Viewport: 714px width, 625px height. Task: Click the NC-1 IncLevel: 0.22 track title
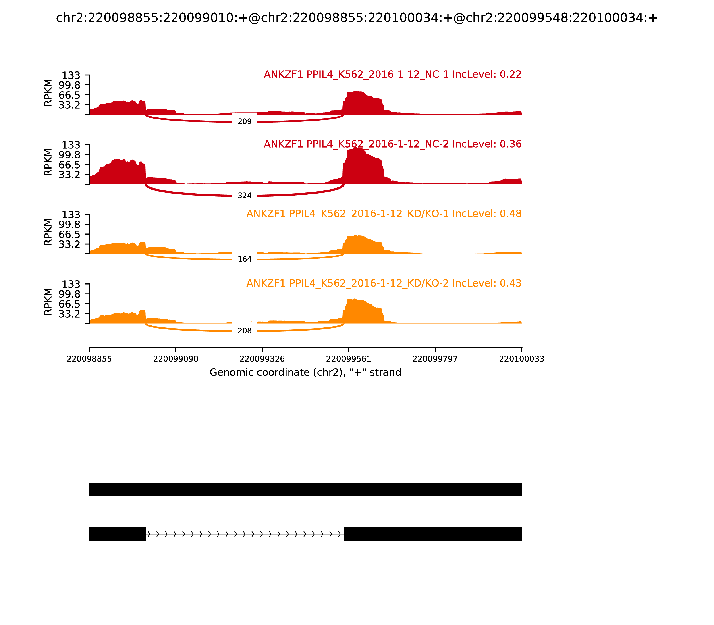tap(392, 74)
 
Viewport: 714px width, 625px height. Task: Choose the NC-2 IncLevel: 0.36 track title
tap(392, 144)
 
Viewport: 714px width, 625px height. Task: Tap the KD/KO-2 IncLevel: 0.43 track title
tap(384, 283)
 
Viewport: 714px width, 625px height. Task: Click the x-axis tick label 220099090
tap(176, 359)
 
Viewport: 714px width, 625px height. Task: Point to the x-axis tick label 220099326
tap(262, 359)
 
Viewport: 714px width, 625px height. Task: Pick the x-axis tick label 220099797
tap(435, 359)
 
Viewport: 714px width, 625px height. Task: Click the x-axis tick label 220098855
tap(89, 359)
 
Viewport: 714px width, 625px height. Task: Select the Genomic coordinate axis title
tap(305, 373)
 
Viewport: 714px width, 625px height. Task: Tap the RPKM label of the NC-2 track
tap(48, 162)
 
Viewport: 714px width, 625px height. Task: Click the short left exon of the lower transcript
tap(118, 534)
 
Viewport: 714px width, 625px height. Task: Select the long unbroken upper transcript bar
tap(305, 490)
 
